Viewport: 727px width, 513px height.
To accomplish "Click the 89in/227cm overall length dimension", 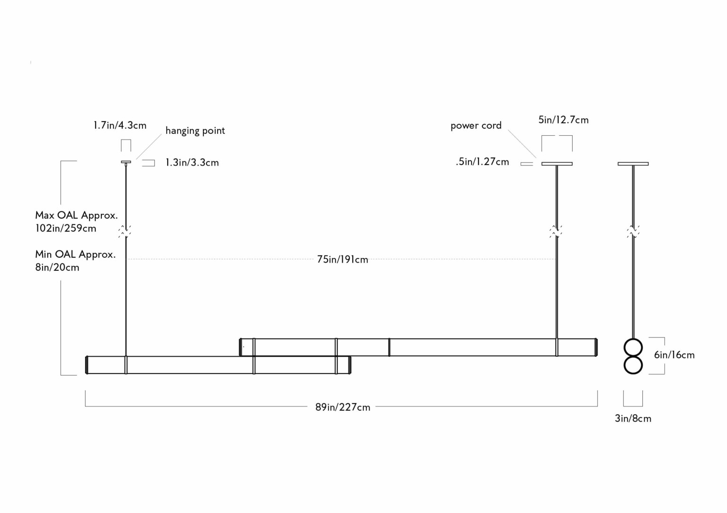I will tap(343, 407).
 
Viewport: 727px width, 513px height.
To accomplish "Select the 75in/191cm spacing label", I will tap(343, 259).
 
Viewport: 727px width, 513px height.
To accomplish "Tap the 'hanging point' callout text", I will tap(195, 131).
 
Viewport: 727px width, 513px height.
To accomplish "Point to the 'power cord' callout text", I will tap(476, 125).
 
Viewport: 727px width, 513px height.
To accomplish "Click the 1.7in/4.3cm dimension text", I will tap(120, 125).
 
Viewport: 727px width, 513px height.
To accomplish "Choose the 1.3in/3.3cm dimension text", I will tap(192, 162).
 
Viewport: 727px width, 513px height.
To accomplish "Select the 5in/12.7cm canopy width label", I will tap(563, 120).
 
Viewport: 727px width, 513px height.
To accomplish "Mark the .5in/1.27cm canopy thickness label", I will tap(482, 162).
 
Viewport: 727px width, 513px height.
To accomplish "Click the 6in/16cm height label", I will tap(674, 355).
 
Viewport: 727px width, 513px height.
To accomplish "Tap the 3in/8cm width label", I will tap(633, 418).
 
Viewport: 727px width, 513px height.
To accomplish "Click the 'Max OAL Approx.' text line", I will tap(76, 215).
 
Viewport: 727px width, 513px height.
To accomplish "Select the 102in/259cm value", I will tap(66, 228).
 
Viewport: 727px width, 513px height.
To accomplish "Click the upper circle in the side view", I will tap(633, 347).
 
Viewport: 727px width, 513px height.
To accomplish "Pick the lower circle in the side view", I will tap(633, 365).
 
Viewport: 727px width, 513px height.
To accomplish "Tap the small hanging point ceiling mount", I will tap(126, 162).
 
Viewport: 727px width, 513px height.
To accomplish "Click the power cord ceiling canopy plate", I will tap(557, 164).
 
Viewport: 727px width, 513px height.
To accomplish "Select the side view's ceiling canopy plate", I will tap(633, 164).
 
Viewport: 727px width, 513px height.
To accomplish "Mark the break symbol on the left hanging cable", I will tap(125, 231).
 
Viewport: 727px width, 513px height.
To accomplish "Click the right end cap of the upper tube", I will tap(596, 347).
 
